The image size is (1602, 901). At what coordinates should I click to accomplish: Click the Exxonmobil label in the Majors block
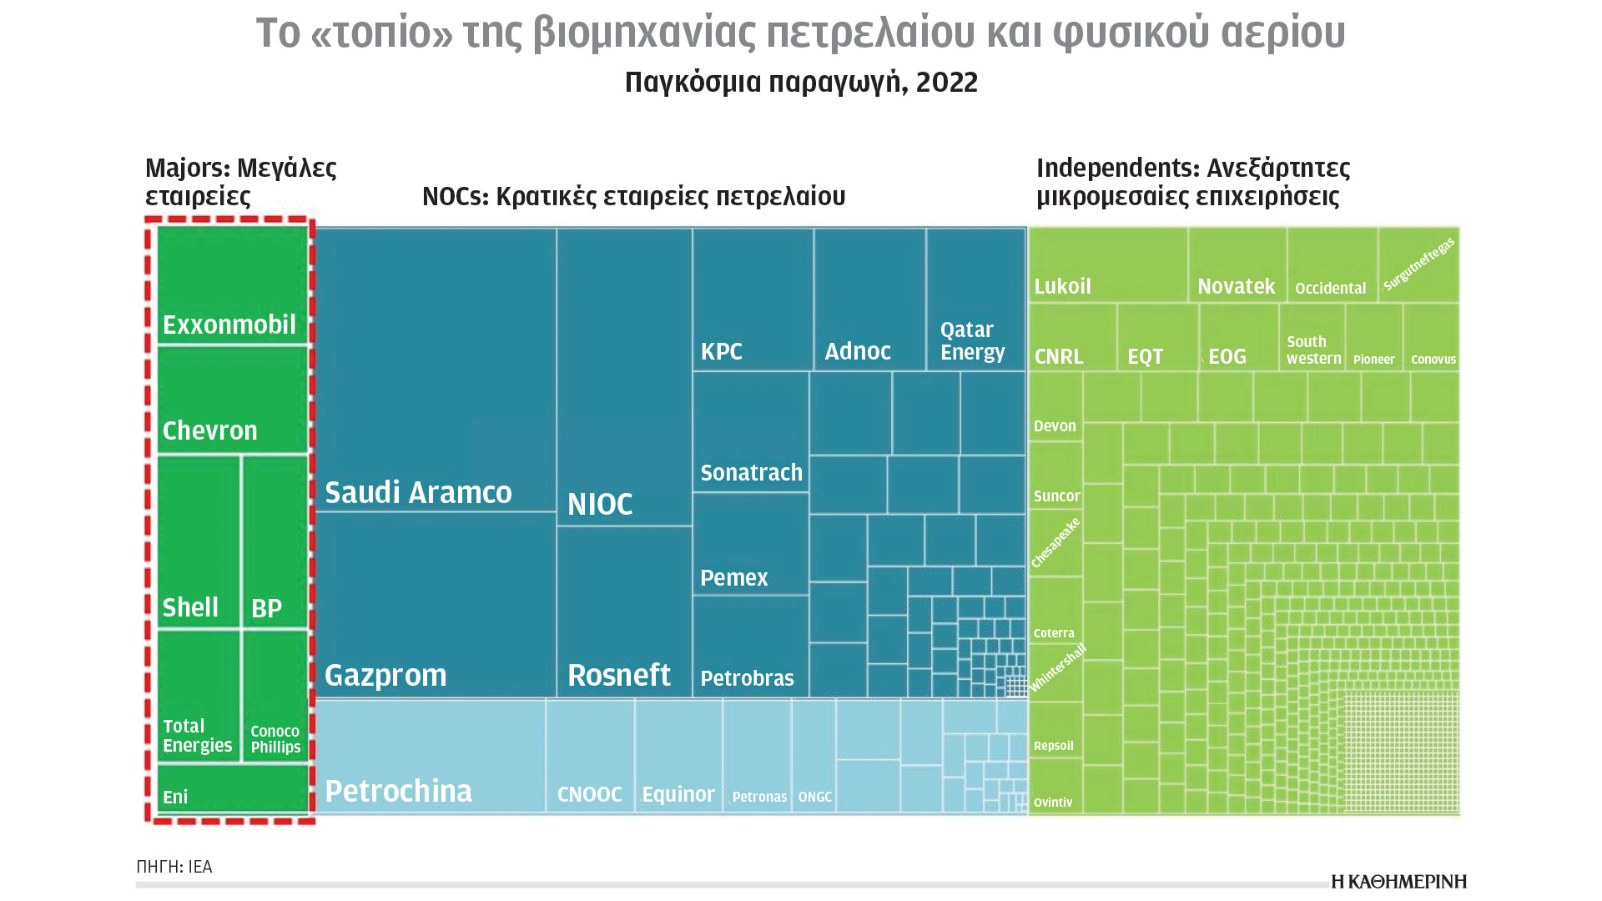[x=229, y=325]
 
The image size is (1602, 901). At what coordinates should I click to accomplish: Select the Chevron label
[x=209, y=430]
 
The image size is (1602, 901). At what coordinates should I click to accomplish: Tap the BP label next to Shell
[x=266, y=608]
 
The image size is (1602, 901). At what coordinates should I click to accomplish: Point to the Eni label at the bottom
[x=175, y=797]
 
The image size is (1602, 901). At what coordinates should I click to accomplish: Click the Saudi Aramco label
[x=418, y=492]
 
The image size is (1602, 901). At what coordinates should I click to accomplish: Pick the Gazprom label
[x=385, y=674]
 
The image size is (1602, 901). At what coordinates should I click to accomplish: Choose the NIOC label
[x=600, y=504]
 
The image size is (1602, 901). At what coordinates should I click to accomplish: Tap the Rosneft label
[x=618, y=674]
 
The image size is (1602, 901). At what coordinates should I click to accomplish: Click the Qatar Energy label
[x=972, y=340]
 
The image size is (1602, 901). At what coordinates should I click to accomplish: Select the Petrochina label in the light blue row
[x=398, y=790]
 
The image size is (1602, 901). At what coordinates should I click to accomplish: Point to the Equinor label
[x=678, y=794]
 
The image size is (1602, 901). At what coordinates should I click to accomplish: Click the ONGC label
[x=814, y=797]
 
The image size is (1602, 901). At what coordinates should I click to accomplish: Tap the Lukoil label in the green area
[x=1062, y=286]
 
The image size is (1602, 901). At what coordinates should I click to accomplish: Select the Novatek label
[x=1236, y=286]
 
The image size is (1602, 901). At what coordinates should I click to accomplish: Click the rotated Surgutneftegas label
[x=1419, y=264]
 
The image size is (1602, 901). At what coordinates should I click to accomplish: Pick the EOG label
[x=1227, y=357]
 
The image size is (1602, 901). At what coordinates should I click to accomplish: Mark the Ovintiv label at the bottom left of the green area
[x=1053, y=803]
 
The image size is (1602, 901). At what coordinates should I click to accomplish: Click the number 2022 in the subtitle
[x=946, y=82]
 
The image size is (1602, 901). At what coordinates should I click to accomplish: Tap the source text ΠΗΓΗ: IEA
[x=174, y=867]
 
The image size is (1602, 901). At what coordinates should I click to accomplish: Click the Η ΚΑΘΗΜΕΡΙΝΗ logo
[x=1398, y=882]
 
